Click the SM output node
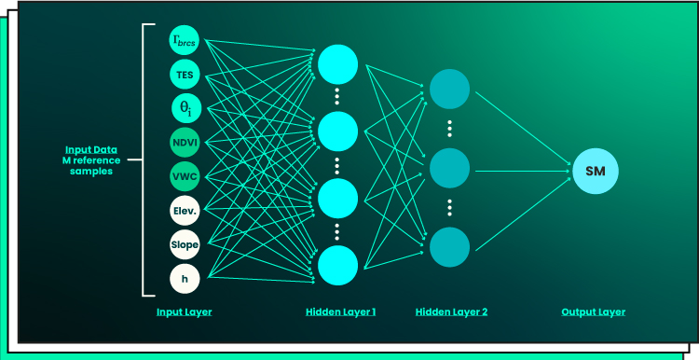pos(596,171)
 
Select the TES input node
pos(185,73)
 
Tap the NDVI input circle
pos(185,142)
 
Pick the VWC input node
pos(185,175)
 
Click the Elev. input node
pos(185,210)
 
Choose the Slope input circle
pos(185,243)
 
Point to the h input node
pos(185,277)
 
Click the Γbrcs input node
pos(185,39)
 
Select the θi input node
pos(185,107)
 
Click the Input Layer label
pos(185,312)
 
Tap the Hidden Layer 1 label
pos(340,312)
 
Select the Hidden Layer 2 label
pos(451,312)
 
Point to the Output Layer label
pos(593,312)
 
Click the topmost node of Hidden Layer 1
pos(337,63)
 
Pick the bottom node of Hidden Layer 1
pos(337,265)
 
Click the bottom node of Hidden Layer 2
pos(450,246)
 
